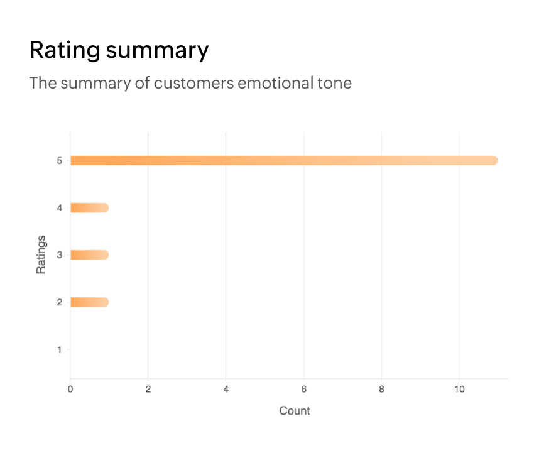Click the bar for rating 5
pos(283,160)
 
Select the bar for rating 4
pos(89,208)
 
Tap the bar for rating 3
pos(89,255)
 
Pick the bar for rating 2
pos(89,302)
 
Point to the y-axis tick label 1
pos(60,349)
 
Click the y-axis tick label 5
pos(60,161)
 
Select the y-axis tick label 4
pos(60,208)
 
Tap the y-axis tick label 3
pos(60,255)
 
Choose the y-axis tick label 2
pos(60,302)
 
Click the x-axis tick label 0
pos(70,390)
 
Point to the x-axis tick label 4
pos(226,390)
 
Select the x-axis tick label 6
pos(304,390)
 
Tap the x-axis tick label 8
pos(382,390)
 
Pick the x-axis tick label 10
pos(460,390)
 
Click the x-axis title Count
pos(295,411)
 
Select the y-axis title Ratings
pos(41,254)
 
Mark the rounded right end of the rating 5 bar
pos(494,160)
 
